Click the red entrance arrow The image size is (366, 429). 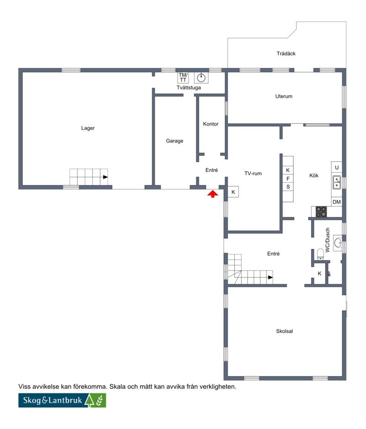coord(213,194)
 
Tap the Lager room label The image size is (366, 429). coord(88,128)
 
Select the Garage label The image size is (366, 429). coord(174,141)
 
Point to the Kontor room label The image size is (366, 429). coord(210,124)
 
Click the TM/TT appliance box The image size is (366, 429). coord(183,77)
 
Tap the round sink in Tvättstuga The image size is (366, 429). coord(201,78)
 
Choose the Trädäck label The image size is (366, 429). coord(286,53)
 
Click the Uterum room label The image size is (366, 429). coord(284,96)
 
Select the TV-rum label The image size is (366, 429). coord(253,174)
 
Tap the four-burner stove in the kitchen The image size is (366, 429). coord(321,212)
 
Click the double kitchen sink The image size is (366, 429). coord(337,182)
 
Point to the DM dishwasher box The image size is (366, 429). coord(337,202)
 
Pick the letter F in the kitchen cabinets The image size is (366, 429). coord(288,179)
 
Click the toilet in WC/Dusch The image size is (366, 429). coord(320,254)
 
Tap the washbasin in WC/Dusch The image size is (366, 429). coord(338,243)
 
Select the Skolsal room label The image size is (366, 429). coord(285,331)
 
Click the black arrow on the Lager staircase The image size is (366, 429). coord(105,177)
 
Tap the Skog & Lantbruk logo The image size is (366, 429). coord(62,400)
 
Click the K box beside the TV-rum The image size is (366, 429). coord(233,192)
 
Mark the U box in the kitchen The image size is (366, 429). coord(337,167)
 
